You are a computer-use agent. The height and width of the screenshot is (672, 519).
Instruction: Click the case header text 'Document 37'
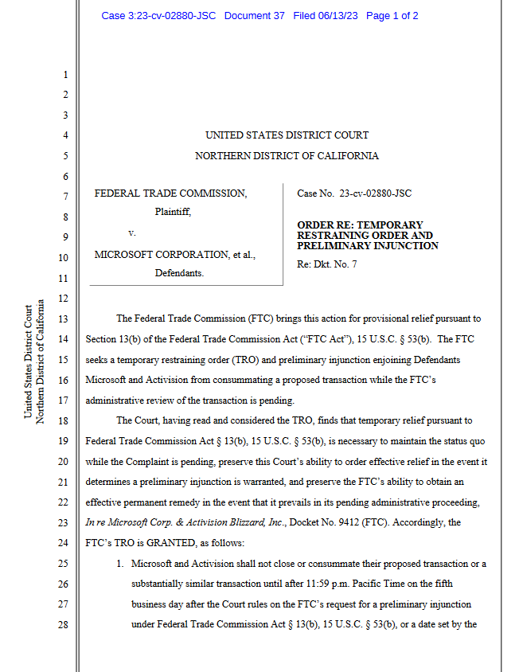coord(254,16)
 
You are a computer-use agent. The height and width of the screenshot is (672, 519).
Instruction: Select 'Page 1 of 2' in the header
coord(392,16)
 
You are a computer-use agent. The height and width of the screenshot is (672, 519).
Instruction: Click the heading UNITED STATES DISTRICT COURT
coord(287,135)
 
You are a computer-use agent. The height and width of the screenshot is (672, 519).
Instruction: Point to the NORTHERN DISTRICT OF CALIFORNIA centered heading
coord(287,156)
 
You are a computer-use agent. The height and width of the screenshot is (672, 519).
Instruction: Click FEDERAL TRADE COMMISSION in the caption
coord(170,193)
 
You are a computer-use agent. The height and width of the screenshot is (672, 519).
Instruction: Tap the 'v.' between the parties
coord(132,233)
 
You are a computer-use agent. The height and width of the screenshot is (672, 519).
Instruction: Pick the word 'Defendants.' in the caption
coord(179,273)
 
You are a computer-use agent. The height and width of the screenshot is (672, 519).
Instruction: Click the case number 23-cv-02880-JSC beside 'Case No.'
coord(375,193)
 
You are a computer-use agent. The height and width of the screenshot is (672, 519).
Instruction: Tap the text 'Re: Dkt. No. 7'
coord(327,264)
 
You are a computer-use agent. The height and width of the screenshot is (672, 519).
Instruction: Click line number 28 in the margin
coord(64,625)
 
